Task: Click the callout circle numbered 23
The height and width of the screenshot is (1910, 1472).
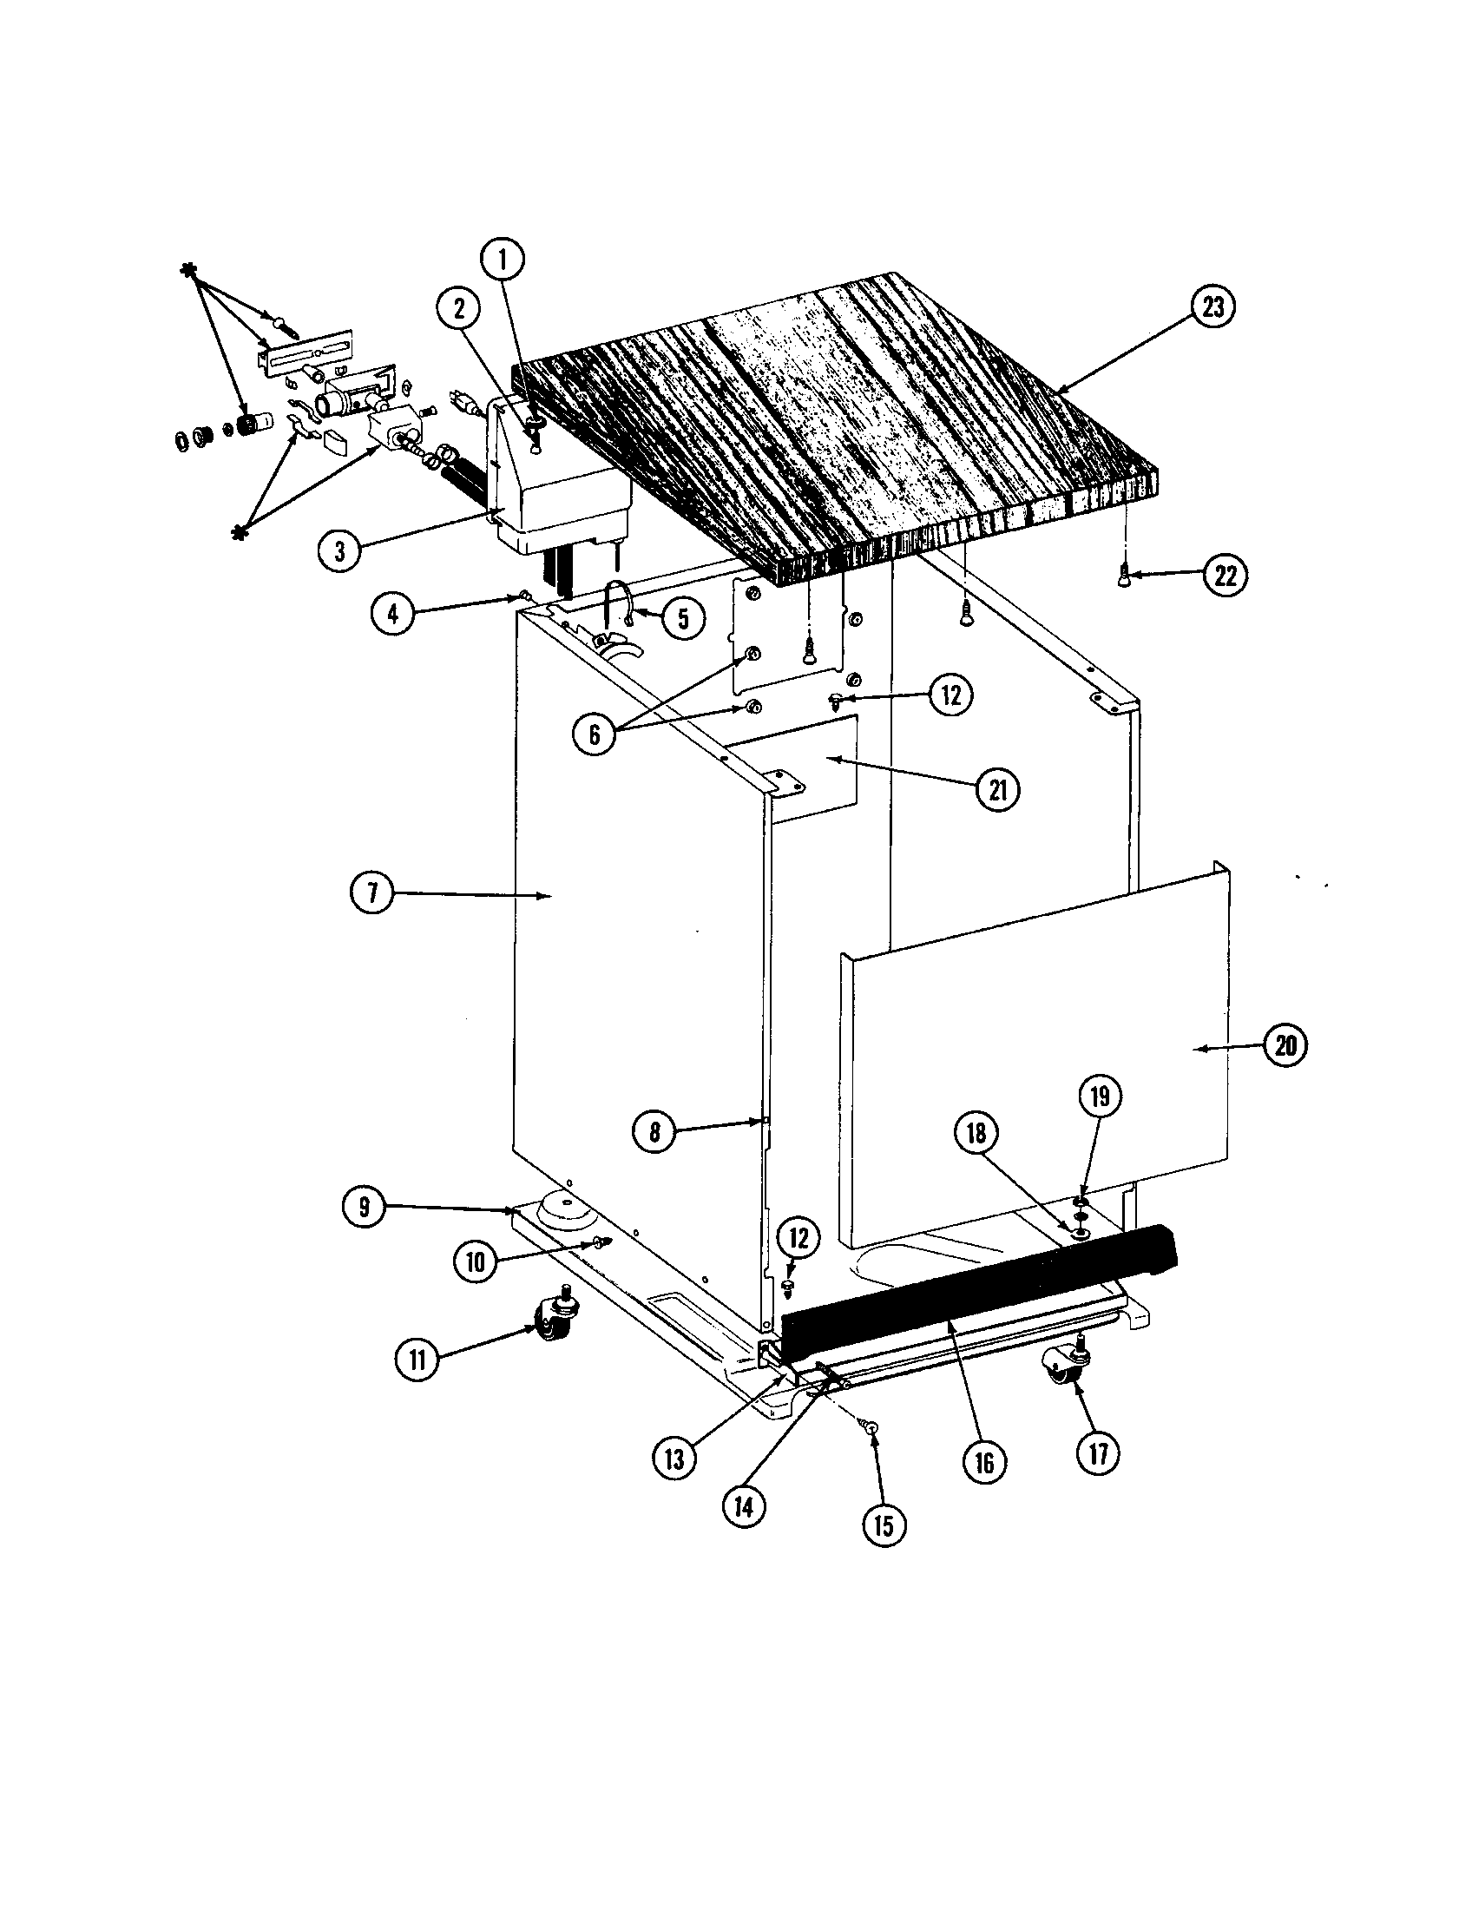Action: (1214, 308)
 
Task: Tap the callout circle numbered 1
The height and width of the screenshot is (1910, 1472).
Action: (503, 259)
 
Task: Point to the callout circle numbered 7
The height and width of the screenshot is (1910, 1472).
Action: (372, 894)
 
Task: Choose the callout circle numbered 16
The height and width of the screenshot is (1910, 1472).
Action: (985, 1463)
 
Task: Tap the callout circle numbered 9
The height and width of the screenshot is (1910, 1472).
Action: (364, 1208)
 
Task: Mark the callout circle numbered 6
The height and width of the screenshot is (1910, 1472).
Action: (595, 734)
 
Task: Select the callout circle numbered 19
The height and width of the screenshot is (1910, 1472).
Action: (1101, 1096)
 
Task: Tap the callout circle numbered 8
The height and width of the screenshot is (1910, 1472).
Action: (654, 1133)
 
